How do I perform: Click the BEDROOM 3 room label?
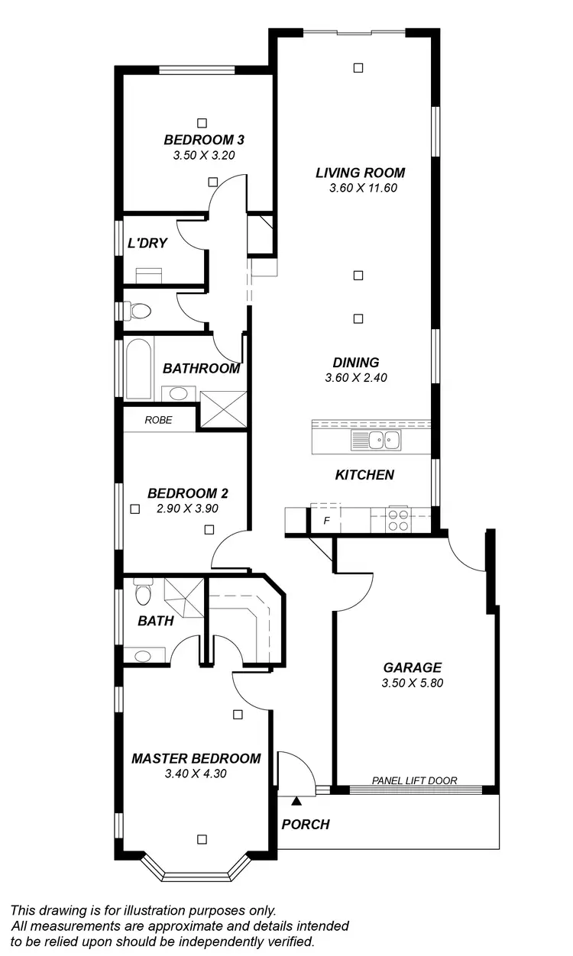pyautogui.click(x=204, y=140)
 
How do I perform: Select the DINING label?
pyautogui.click(x=356, y=363)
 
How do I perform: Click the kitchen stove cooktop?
pyautogui.click(x=398, y=519)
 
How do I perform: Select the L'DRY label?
pyautogui.click(x=147, y=244)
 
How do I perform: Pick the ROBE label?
pyautogui.click(x=159, y=420)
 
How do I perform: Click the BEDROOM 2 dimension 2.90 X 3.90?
pyautogui.click(x=188, y=508)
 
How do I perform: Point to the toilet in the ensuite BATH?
pyautogui.click(x=142, y=593)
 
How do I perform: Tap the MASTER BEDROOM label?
pyautogui.click(x=196, y=758)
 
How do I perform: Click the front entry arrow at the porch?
pyautogui.click(x=296, y=800)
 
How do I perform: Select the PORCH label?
pyautogui.click(x=306, y=825)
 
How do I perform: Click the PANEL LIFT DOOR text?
pyautogui.click(x=414, y=780)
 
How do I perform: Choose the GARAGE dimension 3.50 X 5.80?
pyautogui.click(x=413, y=683)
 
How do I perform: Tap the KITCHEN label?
pyautogui.click(x=364, y=475)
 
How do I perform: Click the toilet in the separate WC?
pyautogui.click(x=138, y=311)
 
